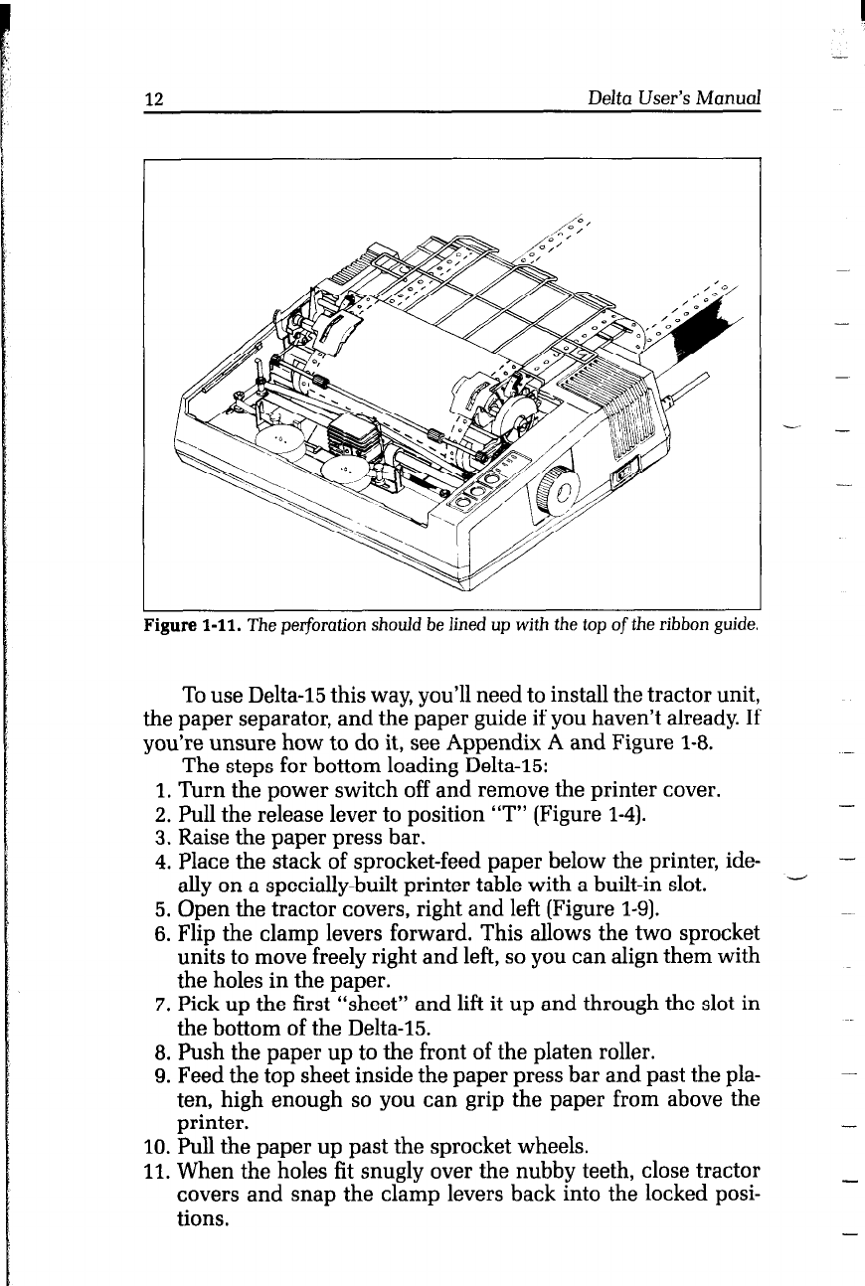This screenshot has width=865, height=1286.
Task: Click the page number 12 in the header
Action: (x=154, y=98)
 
